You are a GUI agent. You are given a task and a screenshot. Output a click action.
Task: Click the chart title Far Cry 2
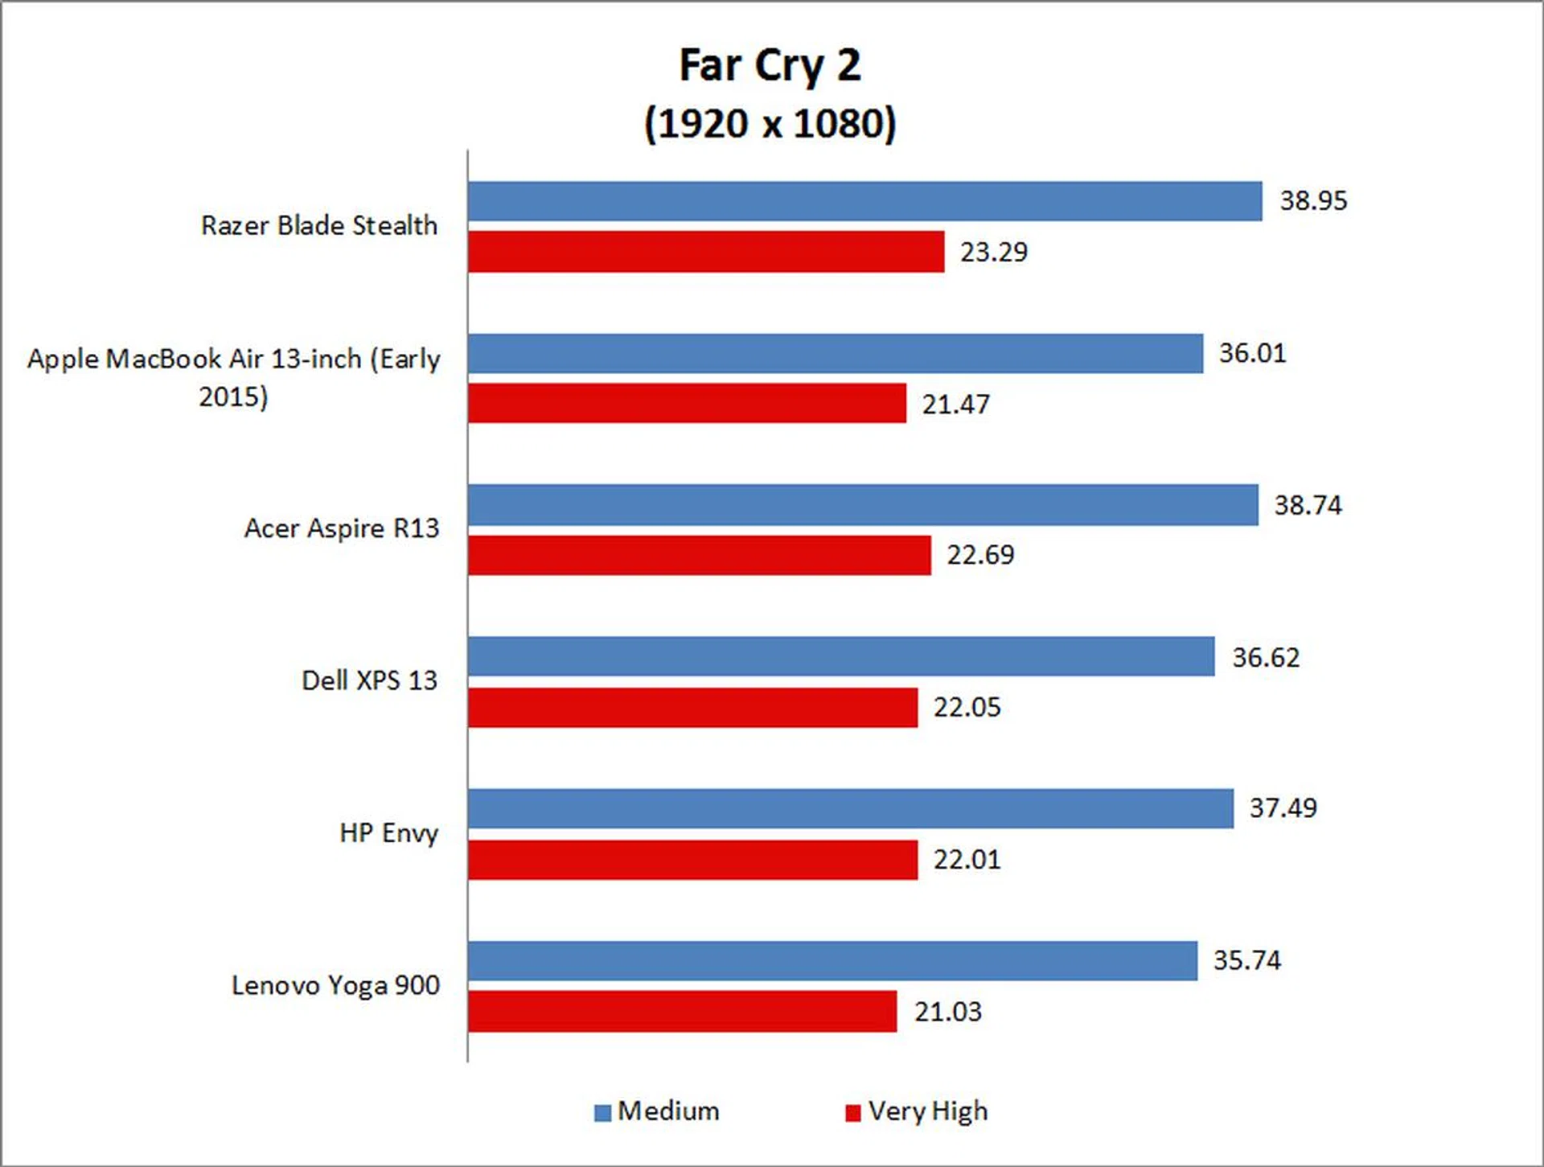pos(770,65)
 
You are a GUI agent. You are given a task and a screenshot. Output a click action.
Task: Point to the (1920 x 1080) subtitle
pos(770,124)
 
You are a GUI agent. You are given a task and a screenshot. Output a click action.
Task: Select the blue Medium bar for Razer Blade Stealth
pos(864,201)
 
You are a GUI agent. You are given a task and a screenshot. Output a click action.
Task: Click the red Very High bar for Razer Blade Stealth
pos(706,252)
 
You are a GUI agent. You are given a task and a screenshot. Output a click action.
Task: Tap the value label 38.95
pos(1313,201)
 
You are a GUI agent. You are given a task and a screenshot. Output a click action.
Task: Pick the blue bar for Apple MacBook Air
pos(836,354)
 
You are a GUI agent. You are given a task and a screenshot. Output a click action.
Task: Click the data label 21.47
pos(955,404)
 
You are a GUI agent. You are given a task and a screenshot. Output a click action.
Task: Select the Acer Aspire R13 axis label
pos(342,528)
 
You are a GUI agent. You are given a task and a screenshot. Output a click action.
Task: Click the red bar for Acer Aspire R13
pos(700,555)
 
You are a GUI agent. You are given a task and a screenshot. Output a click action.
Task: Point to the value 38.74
pos(1308,505)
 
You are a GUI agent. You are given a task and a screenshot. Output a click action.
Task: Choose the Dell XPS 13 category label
pos(369,680)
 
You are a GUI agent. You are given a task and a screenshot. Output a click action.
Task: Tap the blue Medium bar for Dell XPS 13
pos(841,656)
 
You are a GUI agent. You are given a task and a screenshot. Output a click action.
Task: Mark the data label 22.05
pos(967,707)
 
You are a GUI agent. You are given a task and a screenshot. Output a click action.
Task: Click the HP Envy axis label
pos(388,833)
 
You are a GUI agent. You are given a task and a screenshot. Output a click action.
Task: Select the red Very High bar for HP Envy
pos(693,860)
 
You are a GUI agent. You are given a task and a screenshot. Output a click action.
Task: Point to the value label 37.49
pos(1283,808)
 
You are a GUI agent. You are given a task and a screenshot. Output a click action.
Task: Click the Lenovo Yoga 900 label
pos(335,985)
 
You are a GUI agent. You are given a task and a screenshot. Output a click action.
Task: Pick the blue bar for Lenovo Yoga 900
pos(832,960)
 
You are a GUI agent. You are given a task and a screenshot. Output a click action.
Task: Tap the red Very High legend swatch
pos(852,1112)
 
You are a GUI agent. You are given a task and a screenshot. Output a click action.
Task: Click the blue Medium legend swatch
pos(602,1112)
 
